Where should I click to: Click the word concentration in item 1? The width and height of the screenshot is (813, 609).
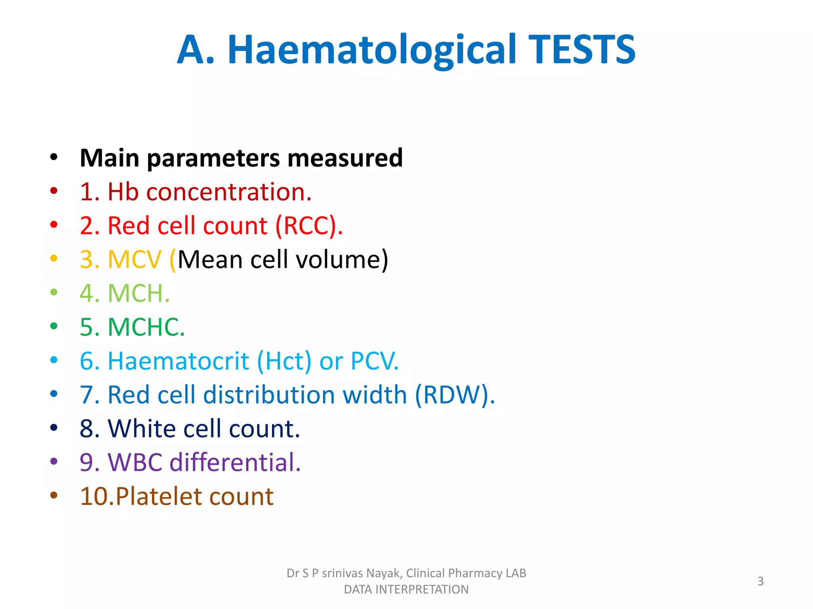(228, 192)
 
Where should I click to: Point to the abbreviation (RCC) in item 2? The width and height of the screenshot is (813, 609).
(308, 226)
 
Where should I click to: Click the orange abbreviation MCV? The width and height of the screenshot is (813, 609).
(134, 260)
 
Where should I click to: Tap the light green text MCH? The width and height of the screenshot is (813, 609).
(138, 293)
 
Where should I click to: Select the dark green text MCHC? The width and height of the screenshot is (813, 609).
(146, 327)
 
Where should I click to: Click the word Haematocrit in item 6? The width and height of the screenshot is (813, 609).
(179, 361)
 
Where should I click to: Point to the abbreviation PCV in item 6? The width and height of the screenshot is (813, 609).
(374, 361)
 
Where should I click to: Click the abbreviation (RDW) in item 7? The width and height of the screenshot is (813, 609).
(455, 395)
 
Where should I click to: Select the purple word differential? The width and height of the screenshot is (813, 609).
(235, 462)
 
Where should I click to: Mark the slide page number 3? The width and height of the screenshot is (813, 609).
(760, 581)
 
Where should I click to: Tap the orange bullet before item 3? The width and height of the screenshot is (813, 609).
(54, 259)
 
